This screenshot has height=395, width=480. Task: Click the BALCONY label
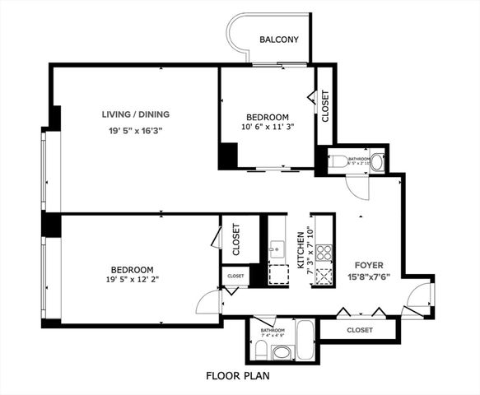(x=278, y=39)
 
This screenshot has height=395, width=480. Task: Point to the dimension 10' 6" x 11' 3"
(x=266, y=128)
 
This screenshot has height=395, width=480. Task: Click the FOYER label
(x=368, y=265)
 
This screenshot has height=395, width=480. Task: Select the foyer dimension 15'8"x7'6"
(x=368, y=276)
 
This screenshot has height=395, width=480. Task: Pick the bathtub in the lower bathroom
(x=304, y=340)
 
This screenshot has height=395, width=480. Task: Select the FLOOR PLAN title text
(x=239, y=376)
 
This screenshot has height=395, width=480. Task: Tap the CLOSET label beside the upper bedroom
(x=325, y=106)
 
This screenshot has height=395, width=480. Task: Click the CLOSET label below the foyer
(x=359, y=330)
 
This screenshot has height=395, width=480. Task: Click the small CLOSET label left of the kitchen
(x=235, y=276)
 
